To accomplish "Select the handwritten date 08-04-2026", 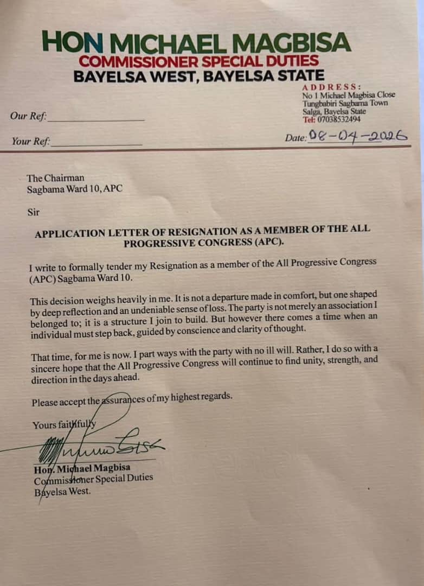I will pos(357,136).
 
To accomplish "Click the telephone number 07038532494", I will pos(338,119).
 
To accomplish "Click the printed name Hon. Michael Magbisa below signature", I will pos(82,468).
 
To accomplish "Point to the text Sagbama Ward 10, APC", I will pos(79,189).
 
